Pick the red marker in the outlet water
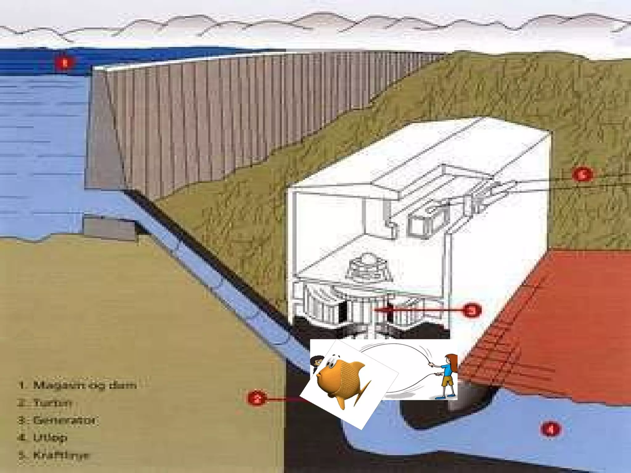coord(551,429)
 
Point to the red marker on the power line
coord(582,175)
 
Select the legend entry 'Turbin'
coord(52,402)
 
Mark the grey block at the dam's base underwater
coord(109,228)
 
